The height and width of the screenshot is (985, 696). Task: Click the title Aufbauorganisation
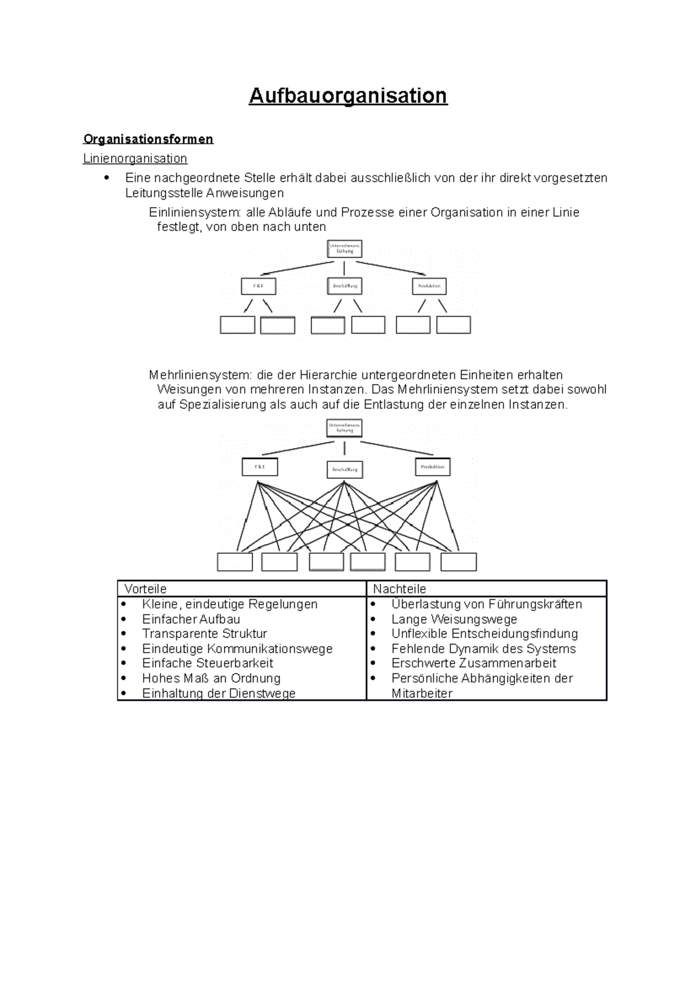(348, 96)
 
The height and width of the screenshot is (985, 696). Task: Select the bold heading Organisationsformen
(148, 139)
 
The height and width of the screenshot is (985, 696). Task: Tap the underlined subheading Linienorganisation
(135, 158)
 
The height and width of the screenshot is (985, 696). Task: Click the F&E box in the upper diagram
(258, 286)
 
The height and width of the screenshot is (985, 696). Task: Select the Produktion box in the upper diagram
(430, 286)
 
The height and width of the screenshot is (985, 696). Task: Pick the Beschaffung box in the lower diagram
(345, 469)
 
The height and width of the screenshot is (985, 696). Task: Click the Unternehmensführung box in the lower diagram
(345, 428)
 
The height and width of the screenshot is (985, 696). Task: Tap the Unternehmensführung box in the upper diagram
(345, 248)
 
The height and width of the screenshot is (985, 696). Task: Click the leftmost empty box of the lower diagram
(235, 562)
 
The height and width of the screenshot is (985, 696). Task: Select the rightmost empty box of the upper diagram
(454, 325)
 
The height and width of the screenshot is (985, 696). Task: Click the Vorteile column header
(146, 589)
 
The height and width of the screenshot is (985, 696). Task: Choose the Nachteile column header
(400, 589)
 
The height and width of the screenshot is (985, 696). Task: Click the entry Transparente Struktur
(204, 633)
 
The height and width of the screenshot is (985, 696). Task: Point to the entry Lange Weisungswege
(454, 619)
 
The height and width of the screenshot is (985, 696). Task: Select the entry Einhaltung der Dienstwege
(219, 693)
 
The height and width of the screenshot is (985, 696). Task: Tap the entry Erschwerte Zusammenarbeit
(473, 663)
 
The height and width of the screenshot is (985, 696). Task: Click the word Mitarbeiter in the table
(422, 693)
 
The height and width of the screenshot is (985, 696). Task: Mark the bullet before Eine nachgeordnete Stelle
(106, 178)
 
